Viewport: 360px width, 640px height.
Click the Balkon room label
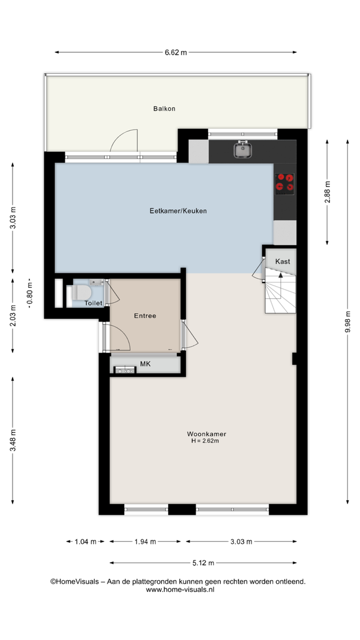click(164, 109)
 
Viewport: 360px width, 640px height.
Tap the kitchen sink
click(242, 149)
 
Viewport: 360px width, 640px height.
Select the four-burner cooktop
click(284, 182)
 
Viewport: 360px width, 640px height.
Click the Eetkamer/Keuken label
click(178, 211)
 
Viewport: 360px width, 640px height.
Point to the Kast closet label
click(283, 262)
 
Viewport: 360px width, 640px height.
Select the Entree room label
click(145, 316)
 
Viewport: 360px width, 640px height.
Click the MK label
click(145, 363)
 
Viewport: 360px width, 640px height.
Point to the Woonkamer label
click(206, 434)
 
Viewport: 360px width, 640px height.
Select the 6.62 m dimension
click(176, 52)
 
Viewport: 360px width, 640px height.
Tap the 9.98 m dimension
click(348, 321)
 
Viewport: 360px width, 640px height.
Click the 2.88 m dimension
click(328, 192)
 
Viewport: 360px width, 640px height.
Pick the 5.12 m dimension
click(203, 563)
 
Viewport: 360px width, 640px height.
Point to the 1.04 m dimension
click(85, 542)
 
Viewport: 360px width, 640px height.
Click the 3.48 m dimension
click(13, 440)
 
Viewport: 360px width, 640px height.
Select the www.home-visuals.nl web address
click(180, 590)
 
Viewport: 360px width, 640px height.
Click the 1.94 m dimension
click(145, 542)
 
